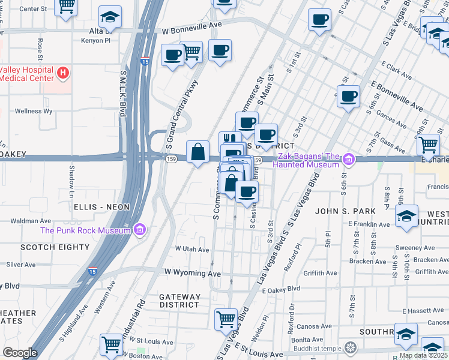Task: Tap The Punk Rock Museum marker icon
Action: coord(140,230)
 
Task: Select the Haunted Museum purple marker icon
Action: coord(349,160)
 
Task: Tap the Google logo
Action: coord(20,353)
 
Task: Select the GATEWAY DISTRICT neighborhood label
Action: coord(180,301)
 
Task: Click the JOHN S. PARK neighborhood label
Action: coord(345,211)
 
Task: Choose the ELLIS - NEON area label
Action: coord(101,206)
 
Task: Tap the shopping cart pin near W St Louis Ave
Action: coord(112,344)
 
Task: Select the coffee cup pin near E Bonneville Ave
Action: coord(348,96)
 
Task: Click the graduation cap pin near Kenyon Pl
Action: coord(110,17)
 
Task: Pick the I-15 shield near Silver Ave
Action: coord(93,271)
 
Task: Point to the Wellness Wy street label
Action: coord(34,111)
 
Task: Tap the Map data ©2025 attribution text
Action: coord(423,355)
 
